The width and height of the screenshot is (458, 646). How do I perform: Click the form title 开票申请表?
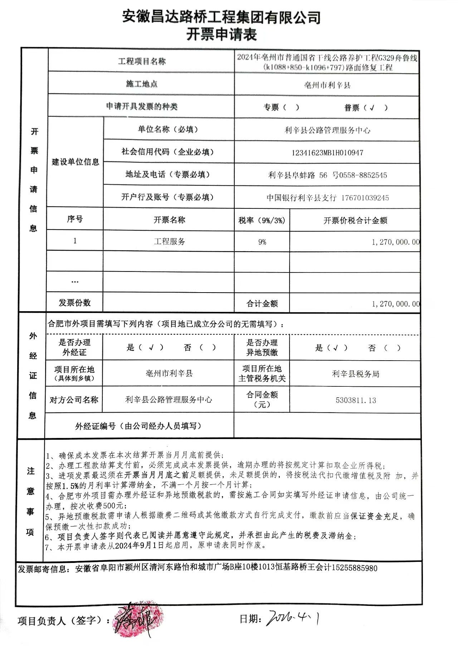pos(221,35)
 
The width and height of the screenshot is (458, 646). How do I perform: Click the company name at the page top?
pos(221,16)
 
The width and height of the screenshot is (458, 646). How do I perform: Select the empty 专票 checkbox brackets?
pos(291,107)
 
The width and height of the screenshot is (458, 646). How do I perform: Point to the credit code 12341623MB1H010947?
pos(327,153)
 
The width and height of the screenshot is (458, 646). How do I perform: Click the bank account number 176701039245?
pos(365,198)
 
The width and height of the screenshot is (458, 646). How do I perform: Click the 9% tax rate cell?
pos(262,242)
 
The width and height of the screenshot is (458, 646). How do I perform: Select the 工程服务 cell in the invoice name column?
pos(169,242)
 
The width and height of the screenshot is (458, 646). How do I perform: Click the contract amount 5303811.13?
pos(356,400)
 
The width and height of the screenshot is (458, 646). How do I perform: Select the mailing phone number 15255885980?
pos(355,568)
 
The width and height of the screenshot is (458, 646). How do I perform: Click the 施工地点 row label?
pos(141,84)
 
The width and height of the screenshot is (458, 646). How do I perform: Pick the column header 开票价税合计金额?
pos(355,221)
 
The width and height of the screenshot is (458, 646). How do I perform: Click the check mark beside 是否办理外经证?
pos(151,347)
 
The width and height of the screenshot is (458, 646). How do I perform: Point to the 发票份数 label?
pos(74,303)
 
